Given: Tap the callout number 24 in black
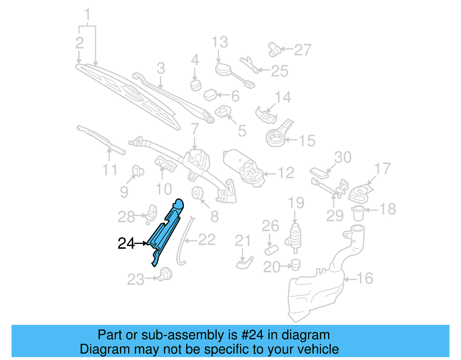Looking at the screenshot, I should [126, 244].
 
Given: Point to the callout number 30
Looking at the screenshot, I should [343, 157].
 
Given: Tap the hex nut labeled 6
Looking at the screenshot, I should [210, 95].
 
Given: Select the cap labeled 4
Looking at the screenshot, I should [196, 85].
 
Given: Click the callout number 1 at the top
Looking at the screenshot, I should [87, 14].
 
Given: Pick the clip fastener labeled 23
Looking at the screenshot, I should [166, 274].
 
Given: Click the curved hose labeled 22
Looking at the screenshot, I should [182, 242].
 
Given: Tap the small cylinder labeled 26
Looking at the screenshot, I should [271, 250].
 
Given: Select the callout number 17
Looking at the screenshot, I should [382, 169].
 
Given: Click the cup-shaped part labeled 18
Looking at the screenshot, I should [358, 213].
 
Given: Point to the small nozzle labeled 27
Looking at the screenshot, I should [274, 49].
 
